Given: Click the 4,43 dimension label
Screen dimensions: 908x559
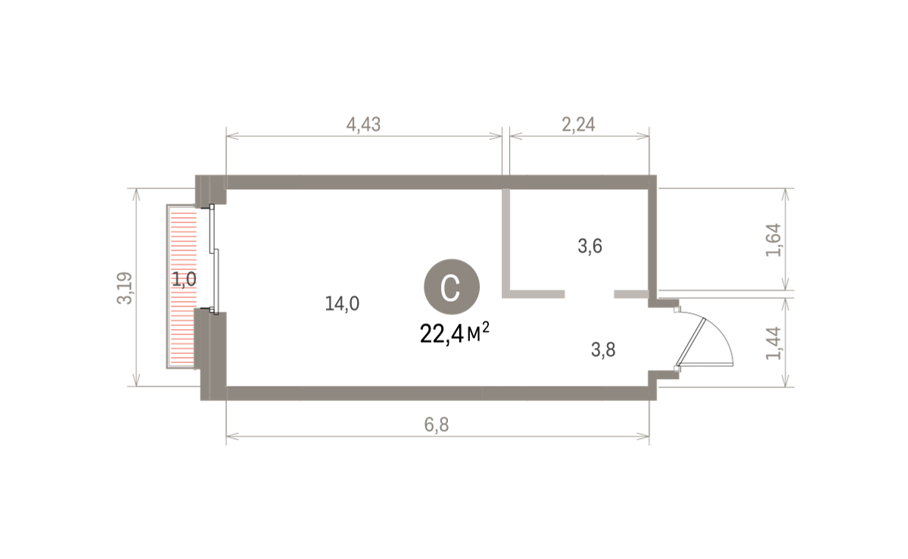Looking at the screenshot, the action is point(363,125).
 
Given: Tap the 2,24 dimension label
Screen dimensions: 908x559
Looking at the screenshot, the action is point(578,125).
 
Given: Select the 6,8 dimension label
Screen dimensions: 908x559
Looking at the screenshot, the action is point(437,425).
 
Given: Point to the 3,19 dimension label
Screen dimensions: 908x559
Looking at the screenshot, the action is point(125,287).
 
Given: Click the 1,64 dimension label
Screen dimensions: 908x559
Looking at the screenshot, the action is point(773,240).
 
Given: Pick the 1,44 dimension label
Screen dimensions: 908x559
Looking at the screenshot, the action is point(773,343).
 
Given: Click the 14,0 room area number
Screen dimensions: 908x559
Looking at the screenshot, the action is point(342,303).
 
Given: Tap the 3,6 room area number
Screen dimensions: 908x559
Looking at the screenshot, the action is point(589,246).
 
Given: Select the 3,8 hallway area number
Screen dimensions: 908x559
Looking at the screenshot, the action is point(603,349).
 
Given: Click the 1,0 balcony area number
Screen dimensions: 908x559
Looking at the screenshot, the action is point(184,279).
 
